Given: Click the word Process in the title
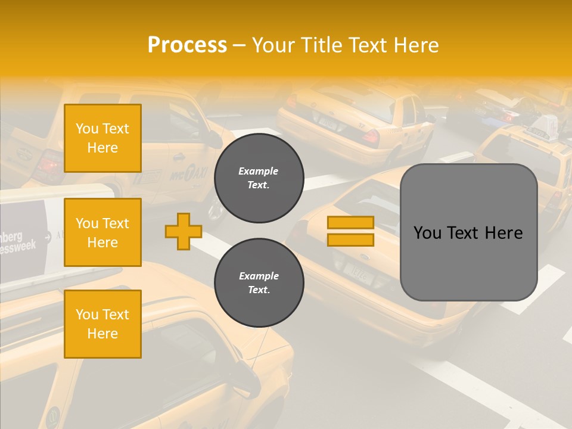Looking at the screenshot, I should [x=187, y=45].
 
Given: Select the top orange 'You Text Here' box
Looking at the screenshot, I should [x=102, y=138].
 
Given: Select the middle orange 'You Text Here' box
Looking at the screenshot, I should [x=102, y=232].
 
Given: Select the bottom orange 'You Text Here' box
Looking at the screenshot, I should [x=102, y=324].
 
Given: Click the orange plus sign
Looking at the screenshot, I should [x=184, y=231].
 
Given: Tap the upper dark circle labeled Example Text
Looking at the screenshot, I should [x=259, y=178].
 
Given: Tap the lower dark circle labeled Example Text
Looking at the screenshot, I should [x=259, y=283].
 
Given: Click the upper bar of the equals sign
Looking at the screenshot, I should [x=350, y=223].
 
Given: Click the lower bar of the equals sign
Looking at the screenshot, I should [x=350, y=240].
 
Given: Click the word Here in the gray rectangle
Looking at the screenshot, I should [x=503, y=233].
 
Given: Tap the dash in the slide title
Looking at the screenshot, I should [x=239, y=45].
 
